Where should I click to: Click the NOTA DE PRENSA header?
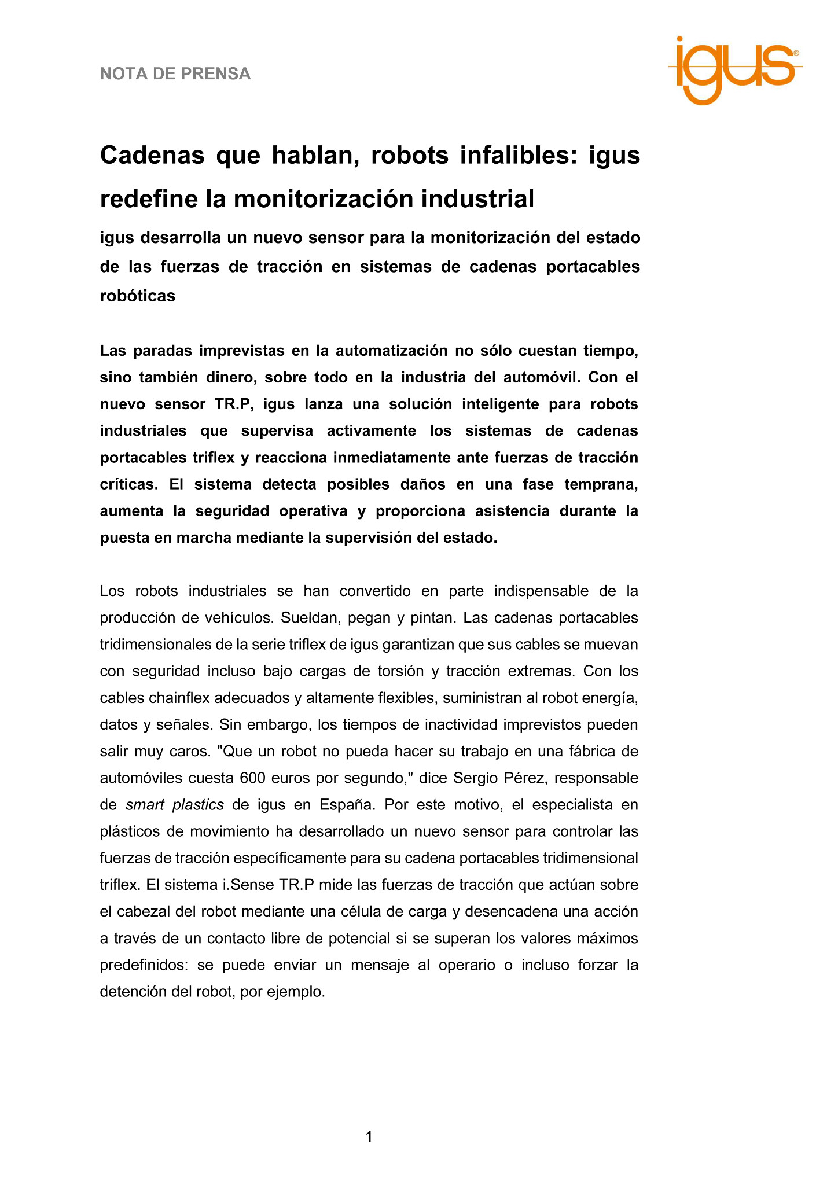pyautogui.click(x=175, y=74)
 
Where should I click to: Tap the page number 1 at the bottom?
pyautogui.click(x=369, y=1136)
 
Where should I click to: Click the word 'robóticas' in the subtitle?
pyautogui.click(x=138, y=296)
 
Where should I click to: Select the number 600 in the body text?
pyautogui.click(x=251, y=778)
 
